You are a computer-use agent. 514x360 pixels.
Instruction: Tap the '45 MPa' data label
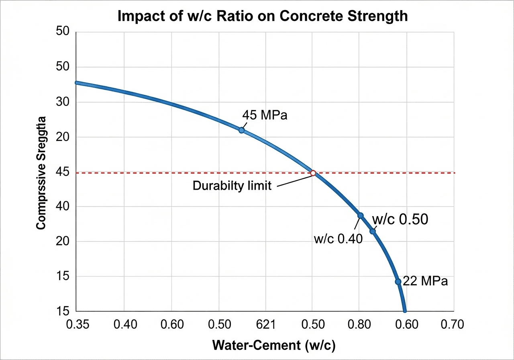pos(265,115)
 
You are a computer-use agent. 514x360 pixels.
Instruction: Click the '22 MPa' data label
pos(425,281)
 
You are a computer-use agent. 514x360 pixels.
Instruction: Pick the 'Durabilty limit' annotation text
pos(232,186)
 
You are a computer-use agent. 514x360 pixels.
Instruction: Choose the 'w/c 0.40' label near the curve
pos(338,239)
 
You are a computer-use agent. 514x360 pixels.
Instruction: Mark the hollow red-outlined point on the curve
pos(313,173)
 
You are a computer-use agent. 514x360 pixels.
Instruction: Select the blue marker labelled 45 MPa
pos(241,130)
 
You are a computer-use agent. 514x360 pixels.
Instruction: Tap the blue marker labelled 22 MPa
pos(398,282)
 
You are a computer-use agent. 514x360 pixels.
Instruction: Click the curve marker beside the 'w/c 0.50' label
pos(373,231)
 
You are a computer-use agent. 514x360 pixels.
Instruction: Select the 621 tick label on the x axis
pos(265,324)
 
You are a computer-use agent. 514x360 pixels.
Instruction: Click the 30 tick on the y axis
pos(62,102)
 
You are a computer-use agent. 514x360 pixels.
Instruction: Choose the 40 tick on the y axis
pos(62,207)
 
